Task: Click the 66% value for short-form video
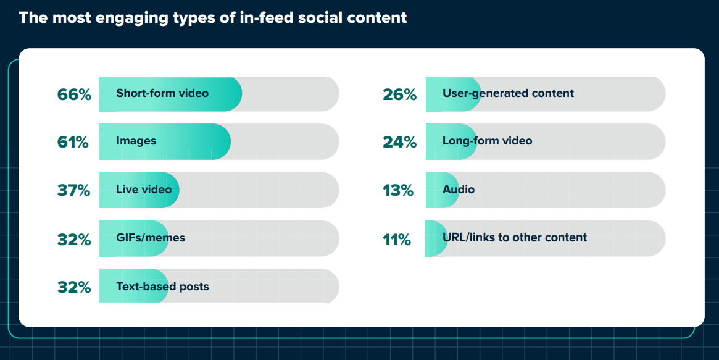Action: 74,95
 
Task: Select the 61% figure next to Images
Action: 73,143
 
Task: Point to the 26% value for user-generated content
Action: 399,95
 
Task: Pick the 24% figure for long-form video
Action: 399,143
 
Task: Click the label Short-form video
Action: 162,93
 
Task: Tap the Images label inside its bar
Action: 136,141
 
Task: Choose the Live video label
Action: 144,189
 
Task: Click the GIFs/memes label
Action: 151,237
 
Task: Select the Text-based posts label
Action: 162,287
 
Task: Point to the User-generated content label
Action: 508,93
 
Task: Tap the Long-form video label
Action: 487,141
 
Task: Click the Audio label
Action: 459,189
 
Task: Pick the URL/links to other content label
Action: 514,237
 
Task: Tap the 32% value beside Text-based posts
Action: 74,288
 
